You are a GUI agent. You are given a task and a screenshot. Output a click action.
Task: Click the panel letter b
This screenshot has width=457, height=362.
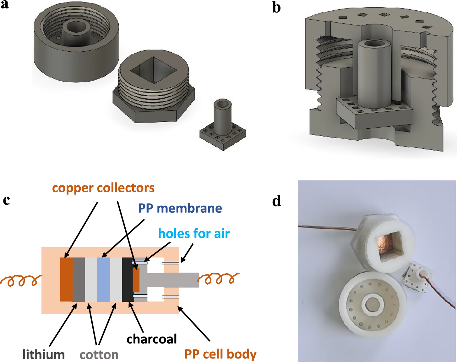point(276,8)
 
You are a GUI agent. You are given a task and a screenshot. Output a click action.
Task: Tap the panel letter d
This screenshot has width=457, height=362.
point(277,201)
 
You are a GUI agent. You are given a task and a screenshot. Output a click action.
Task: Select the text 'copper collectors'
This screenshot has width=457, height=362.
point(103,188)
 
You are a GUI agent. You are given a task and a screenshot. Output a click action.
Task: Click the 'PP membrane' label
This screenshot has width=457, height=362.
point(180,208)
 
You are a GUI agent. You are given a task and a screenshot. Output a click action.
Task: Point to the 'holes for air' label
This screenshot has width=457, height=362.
point(194,234)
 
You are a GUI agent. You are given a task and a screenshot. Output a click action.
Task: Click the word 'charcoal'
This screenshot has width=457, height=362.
point(152,339)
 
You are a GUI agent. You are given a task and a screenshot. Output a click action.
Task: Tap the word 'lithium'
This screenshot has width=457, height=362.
point(43,355)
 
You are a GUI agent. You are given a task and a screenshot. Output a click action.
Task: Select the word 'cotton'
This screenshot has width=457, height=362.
point(99,355)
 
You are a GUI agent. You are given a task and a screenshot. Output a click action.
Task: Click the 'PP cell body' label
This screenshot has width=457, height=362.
point(220,354)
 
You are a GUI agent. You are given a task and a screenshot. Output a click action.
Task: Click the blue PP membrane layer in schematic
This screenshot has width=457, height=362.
point(103,279)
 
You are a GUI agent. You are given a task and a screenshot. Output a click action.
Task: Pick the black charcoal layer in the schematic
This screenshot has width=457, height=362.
point(127,279)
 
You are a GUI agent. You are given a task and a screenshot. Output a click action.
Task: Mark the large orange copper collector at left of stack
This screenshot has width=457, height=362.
point(66,279)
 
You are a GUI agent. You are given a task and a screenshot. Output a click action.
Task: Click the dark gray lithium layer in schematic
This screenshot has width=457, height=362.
point(79,279)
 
